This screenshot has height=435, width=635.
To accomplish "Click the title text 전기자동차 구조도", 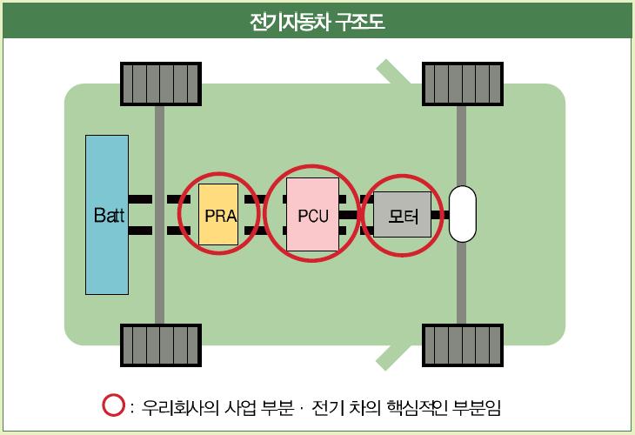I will tap(317, 20).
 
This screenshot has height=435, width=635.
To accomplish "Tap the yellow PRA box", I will tap(217, 214).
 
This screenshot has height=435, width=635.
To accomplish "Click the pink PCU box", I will tap(312, 214).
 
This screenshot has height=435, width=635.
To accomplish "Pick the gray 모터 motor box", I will tap(402, 214).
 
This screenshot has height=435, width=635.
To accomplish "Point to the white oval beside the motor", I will tap(463, 214).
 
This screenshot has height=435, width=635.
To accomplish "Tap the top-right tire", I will tap(462, 84).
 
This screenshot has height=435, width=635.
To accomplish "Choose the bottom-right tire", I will tap(462, 346).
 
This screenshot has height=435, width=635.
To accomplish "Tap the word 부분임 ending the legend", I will tap(488, 406).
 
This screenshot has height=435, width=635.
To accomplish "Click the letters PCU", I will tap(312, 214).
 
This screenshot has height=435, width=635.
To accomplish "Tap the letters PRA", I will tap(217, 215).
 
